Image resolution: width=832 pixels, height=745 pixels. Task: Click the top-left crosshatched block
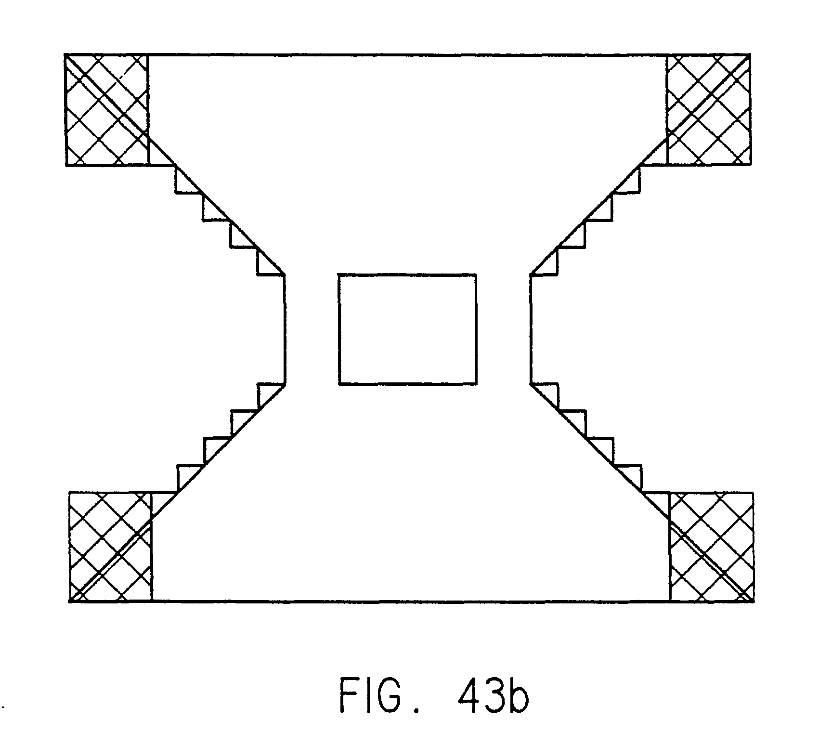(x=106, y=110)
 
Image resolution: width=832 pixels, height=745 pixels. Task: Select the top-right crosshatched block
(x=708, y=110)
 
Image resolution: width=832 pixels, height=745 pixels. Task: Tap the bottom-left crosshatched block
(x=111, y=547)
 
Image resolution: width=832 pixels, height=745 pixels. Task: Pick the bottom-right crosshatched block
(x=711, y=547)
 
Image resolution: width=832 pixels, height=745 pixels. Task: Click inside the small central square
(x=407, y=329)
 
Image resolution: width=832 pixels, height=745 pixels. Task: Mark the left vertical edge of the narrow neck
(x=285, y=329)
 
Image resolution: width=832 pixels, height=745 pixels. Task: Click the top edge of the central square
(x=407, y=275)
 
